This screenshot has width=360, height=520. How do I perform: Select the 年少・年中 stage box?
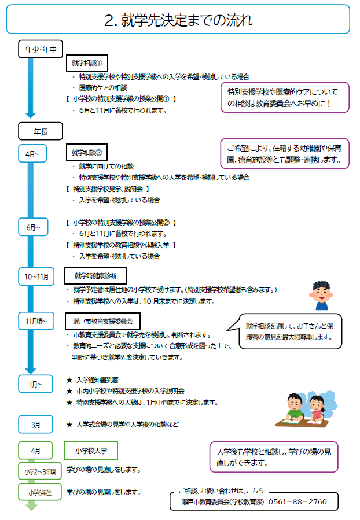[40, 50]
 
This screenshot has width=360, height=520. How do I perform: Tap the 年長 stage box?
[40, 131]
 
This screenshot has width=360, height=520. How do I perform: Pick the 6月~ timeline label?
[32, 228]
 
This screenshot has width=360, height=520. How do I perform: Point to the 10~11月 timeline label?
[36, 276]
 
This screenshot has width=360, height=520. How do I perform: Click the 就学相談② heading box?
[87, 153]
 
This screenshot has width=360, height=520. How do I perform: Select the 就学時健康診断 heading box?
[94, 276]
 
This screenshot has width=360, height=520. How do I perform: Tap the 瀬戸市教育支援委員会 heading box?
[102, 320]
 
